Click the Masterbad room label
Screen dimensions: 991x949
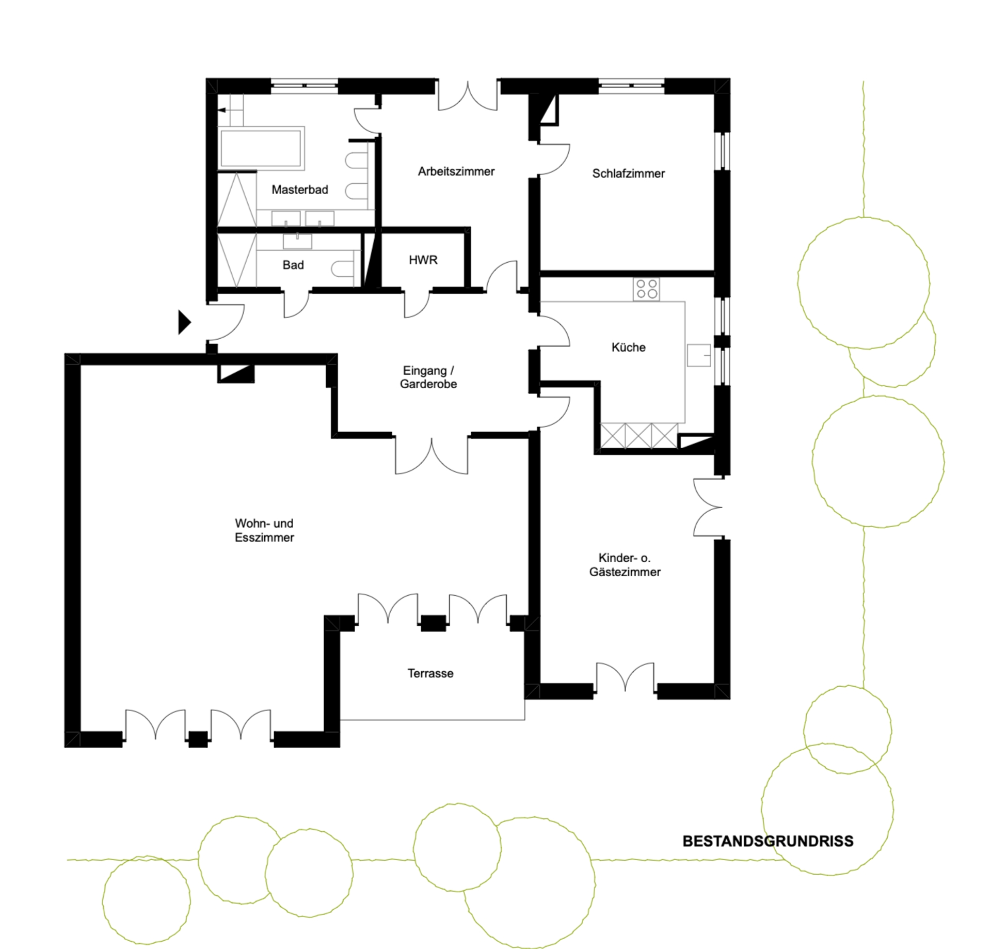[x=299, y=189]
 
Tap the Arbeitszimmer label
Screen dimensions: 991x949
[x=456, y=171]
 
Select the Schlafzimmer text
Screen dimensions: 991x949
[x=628, y=173]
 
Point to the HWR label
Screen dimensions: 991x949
[x=423, y=260]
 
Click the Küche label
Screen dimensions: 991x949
[x=628, y=347]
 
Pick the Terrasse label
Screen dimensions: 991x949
[x=430, y=673]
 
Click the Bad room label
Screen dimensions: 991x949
[x=293, y=265]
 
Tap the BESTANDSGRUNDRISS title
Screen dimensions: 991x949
[x=768, y=841]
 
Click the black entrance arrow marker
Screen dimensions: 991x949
[x=184, y=322]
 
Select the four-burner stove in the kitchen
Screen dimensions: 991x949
[x=646, y=289]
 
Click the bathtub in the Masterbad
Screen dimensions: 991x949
[x=261, y=148]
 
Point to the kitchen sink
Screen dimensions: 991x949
[x=699, y=355]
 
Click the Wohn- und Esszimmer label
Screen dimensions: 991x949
[x=264, y=530]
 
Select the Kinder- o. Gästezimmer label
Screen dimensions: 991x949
[x=625, y=565]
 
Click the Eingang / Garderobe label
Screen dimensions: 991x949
[x=428, y=377]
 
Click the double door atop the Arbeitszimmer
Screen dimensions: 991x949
[x=468, y=96]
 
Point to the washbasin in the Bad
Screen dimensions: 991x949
[x=297, y=242]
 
